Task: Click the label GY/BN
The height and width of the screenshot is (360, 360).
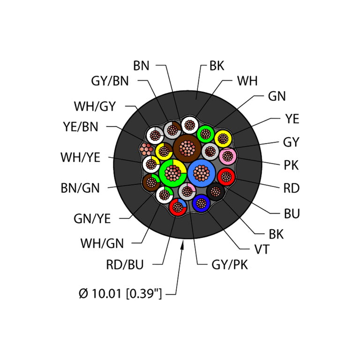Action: click(x=110, y=81)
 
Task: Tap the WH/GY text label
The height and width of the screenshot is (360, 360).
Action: click(x=95, y=106)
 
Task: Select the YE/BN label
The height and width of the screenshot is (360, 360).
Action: click(x=81, y=127)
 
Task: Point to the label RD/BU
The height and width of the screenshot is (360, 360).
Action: click(x=125, y=264)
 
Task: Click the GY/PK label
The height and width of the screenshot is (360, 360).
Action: click(x=230, y=265)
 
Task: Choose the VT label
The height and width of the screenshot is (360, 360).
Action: click(x=262, y=249)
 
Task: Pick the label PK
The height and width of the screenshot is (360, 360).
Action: click(x=291, y=165)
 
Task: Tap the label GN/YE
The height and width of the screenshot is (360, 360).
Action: click(x=92, y=218)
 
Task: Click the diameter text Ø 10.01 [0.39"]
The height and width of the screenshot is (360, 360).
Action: click(x=120, y=293)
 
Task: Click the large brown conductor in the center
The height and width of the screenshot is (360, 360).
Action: click(x=187, y=148)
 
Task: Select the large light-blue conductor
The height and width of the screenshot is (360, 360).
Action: click(x=202, y=173)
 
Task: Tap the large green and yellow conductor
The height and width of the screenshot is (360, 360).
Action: click(x=172, y=173)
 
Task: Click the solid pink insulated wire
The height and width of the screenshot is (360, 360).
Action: click(x=228, y=156)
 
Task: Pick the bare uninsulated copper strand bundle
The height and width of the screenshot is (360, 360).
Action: click(x=146, y=149)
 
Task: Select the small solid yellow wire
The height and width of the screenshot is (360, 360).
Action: click(x=223, y=139)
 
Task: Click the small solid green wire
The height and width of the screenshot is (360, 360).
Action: click(x=205, y=134)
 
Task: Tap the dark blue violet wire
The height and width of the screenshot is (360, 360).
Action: click(x=201, y=203)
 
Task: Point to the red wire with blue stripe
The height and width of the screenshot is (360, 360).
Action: click(x=178, y=207)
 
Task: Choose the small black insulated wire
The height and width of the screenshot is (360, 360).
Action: click(x=215, y=191)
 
